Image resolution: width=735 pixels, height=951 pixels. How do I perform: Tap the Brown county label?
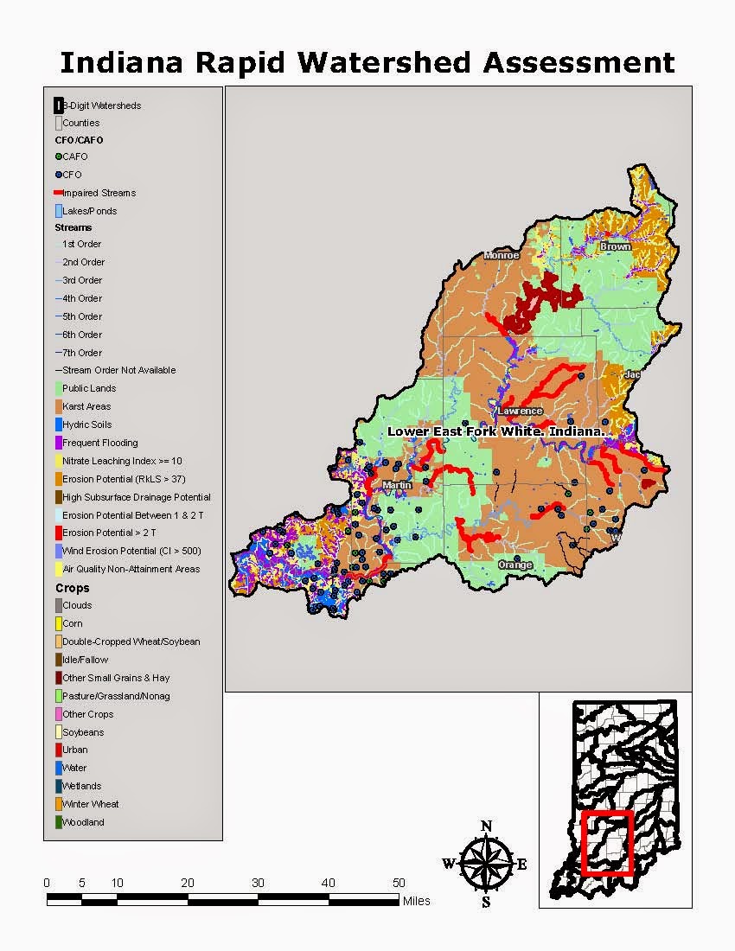[615, 246]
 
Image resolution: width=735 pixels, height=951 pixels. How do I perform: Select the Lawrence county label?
[520, 411]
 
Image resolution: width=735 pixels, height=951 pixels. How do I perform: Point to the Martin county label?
[397, 485]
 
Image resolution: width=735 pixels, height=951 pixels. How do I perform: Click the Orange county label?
[514, 565]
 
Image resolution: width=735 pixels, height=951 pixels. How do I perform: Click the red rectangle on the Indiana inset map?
[608, 842]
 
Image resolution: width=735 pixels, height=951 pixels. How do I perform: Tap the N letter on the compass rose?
[486, 826]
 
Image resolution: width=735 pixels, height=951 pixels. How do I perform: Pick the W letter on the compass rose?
[448, 863]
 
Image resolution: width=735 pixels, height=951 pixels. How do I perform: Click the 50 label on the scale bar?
[399, 883]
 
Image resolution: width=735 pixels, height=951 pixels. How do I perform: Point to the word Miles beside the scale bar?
[416, 901]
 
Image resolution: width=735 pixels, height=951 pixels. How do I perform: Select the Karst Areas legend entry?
[86, 406]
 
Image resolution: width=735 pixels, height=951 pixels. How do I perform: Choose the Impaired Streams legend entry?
[99, 193]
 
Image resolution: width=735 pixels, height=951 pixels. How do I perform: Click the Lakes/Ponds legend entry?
[89, 211]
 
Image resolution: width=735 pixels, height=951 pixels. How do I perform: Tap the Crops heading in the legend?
[72, 588]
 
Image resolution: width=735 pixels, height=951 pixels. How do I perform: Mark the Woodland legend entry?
[83, 822]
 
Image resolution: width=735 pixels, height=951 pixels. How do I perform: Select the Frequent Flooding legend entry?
[99, 443]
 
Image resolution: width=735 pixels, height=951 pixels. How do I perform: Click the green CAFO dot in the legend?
[58, 156]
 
